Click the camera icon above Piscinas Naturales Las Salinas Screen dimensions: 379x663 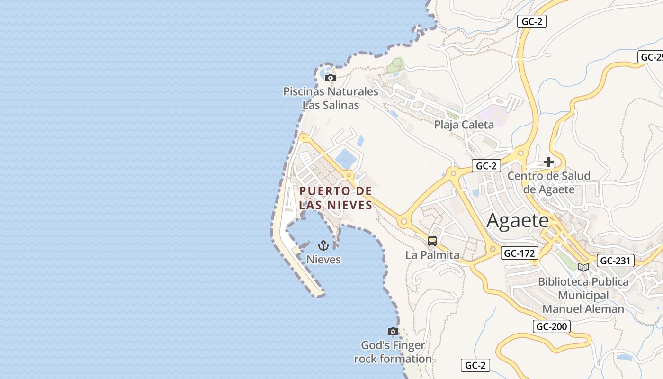[331, 78]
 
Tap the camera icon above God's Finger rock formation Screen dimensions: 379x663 [393, 331]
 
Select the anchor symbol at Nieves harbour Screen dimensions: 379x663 [323, 245]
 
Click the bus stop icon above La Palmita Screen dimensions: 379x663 [432, 241]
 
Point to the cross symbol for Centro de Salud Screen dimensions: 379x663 [549, 162]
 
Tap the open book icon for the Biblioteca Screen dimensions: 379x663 [583, 267]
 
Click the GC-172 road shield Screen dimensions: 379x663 [519, 253]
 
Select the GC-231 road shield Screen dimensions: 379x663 [616, 260]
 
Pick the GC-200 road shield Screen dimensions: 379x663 [551, 326]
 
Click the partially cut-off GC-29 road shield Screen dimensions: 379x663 [651, 57]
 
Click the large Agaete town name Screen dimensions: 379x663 [518, 220]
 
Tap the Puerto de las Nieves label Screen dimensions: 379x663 [336, 198]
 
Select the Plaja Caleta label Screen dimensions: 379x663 [464, 125]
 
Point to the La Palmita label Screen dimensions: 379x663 [432, 255]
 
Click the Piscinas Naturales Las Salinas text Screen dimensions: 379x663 [331, 98]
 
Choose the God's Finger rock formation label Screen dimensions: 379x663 [393, 352]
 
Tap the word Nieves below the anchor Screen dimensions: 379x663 [323, 260]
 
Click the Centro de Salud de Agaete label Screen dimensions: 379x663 [549, 182]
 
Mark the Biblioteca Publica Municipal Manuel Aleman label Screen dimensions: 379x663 [583, 295]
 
